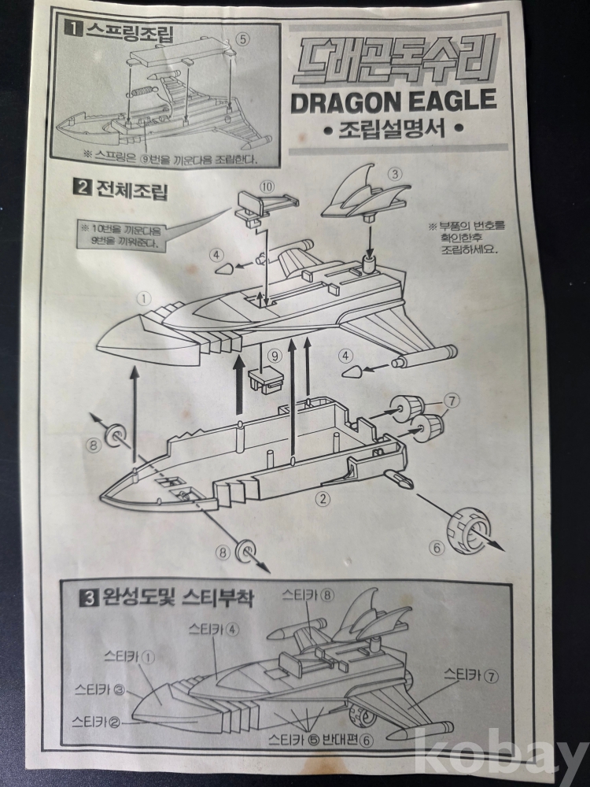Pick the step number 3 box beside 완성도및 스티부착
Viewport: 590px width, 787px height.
[x=88, y=598]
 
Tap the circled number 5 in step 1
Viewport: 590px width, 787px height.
[x=242, y=39]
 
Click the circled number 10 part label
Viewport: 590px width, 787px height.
[x=267, y=187]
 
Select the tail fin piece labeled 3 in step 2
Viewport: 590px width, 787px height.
[x=367, y=194]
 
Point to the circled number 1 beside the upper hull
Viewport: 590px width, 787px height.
[x=144, y=299]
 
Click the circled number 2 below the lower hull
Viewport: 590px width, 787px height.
[x=323, y=498]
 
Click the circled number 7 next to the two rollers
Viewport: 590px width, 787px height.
[x=452, y=401]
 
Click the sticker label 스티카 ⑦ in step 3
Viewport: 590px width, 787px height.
[x=471, y=675]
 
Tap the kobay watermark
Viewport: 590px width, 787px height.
[x=502, y=754]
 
